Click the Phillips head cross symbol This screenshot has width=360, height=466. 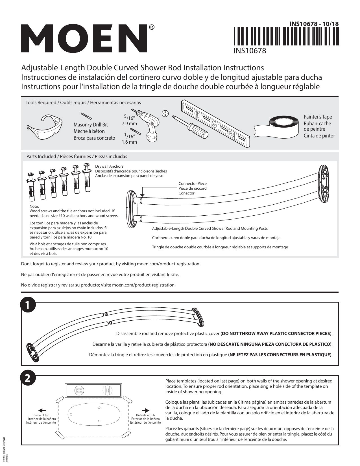click(165, 114)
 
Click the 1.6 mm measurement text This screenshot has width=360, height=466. click(129, 142)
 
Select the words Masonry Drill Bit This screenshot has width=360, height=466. click(90, 124)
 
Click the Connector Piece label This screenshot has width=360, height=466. click(192, 183)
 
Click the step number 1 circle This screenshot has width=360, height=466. click(28, 305)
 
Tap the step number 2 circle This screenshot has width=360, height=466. click(28, 379)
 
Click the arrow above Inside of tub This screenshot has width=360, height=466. click(42, 410)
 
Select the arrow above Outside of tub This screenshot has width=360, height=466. click(145, 410)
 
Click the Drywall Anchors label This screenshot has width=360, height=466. click(109, 167)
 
